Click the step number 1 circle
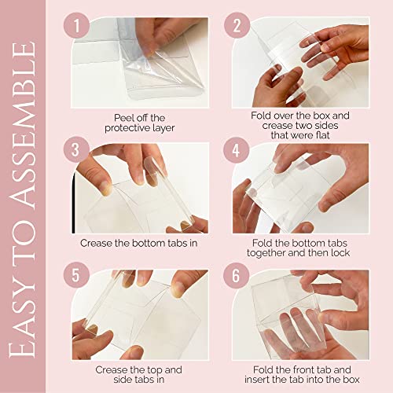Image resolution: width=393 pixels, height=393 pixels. point(76,25)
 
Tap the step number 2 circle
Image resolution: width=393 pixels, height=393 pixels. point(237,25)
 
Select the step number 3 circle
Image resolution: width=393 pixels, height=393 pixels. point(76,150)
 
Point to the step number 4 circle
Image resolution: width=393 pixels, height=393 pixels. point(237,150)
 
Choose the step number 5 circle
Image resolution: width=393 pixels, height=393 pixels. point(76,276)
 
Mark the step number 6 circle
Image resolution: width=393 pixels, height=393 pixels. point(237,276)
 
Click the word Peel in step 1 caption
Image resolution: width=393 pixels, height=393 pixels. point(122,118)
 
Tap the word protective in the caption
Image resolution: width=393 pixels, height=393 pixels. point(127,128)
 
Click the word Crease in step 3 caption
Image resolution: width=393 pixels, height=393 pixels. point(96,243)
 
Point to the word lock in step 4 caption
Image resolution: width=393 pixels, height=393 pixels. point(340,253)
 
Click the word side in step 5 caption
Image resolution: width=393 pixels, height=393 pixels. point(123,380)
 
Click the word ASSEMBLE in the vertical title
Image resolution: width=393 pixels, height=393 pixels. point(23,125)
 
